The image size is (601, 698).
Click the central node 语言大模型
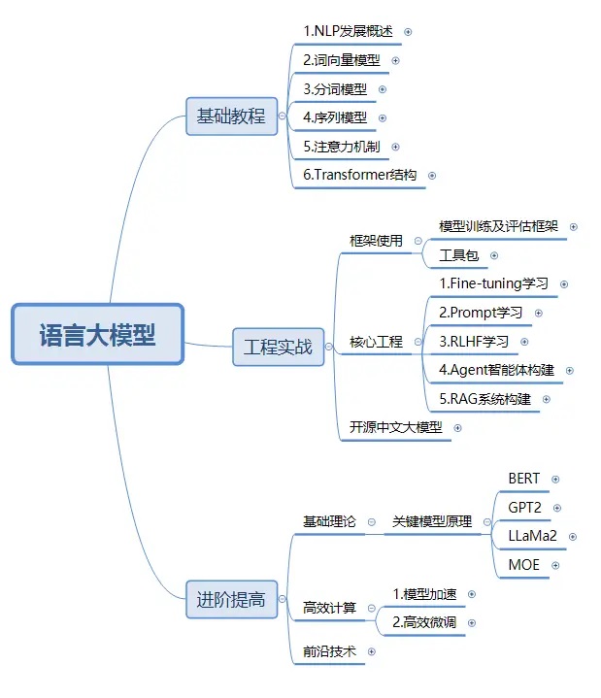tap(97, 334)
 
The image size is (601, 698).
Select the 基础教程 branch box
tap(231, 116)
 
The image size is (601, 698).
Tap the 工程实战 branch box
tap(279, 348)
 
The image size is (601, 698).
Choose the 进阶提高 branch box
tap(231, 600)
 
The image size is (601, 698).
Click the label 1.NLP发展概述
tap(349, 31)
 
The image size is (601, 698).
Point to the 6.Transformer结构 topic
tap(359, 175)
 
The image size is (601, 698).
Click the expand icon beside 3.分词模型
tap(382, 89)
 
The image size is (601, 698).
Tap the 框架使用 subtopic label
tap(376, 241)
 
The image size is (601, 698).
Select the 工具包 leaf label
tap(459, 255)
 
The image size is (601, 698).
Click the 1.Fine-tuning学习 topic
tap(493, 283)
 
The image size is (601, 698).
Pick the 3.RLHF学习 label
tap(474, 342)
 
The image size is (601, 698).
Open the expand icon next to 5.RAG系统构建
tap(547, 399)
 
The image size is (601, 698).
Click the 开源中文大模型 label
tap(396, 427)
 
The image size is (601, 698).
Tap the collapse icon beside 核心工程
tap(417, 342)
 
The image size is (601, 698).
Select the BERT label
tap(524, 479)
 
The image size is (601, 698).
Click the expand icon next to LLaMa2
tap(573, 537)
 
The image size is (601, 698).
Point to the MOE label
tap(524, 565)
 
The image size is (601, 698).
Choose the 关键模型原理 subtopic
tap(432, 521)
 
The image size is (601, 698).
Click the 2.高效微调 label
tap(424, 622)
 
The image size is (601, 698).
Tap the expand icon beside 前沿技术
tap(371, 651)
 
